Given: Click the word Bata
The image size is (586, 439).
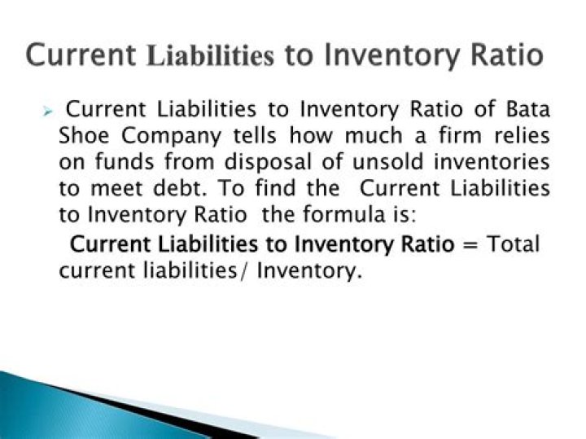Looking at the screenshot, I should (x=527, y=108).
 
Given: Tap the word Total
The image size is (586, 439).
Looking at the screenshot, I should (x=514, y=244).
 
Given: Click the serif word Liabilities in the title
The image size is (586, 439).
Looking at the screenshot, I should (x=211, y=56).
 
